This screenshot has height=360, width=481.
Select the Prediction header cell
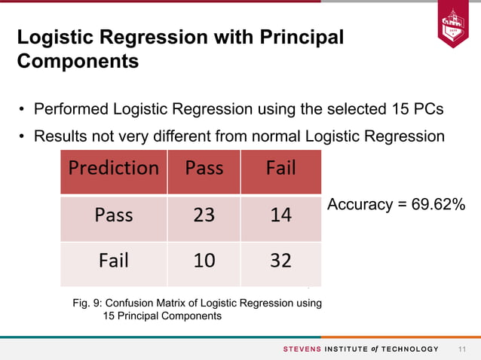click(113, 168)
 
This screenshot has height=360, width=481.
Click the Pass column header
click(204, 168)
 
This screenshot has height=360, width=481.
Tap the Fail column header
click(280, 168)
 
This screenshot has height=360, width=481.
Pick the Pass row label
click(113, 215)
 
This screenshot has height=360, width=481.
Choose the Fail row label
click(113, 261)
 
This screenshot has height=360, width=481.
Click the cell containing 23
click(204, 215)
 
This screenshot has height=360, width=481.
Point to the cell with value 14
click(280, 215)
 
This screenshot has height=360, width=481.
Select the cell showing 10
click(204, 261)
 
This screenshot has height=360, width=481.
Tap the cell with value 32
click(280, 261)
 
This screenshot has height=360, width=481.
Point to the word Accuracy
click(359, 205)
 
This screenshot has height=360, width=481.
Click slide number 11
click(462, 349)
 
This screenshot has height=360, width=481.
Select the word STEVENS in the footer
click(302, 349)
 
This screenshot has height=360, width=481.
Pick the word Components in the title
click(78, 61)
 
